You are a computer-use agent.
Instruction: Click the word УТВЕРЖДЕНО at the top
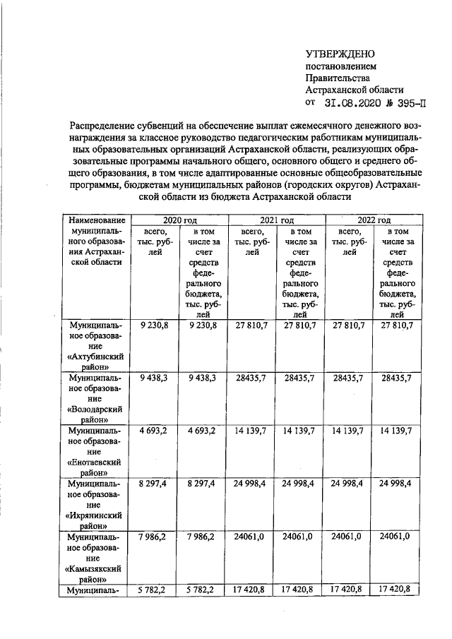coord(340,54)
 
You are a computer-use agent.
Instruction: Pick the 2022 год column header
coord(374,220)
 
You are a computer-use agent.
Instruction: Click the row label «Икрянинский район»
coord(96,522)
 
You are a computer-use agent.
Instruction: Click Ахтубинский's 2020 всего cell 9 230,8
coord(155,324)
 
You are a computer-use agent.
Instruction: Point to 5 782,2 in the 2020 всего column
coord(155,588)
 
